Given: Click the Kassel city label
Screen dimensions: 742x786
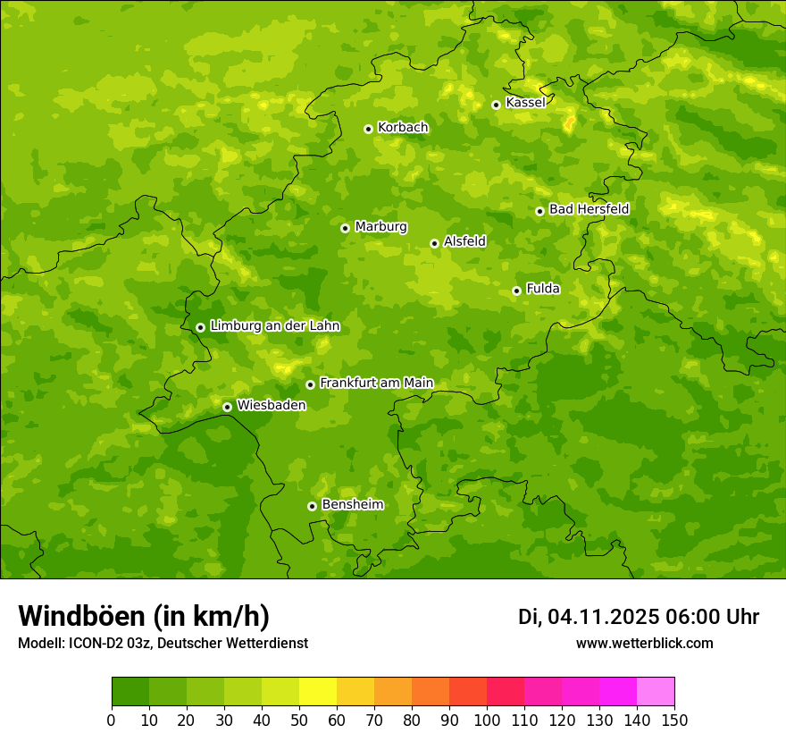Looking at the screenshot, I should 525,103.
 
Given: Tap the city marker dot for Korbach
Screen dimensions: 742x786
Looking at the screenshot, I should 368,129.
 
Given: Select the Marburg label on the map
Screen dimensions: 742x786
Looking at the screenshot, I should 380,227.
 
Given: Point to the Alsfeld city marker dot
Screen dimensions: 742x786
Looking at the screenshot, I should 434,243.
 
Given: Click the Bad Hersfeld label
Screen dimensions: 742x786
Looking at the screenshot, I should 589,209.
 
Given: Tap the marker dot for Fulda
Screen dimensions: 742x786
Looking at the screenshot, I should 516,291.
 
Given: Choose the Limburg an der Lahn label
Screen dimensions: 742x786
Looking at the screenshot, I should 274,326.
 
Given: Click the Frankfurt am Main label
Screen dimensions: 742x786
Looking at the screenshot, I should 376,384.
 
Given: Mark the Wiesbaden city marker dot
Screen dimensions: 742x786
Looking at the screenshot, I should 227,407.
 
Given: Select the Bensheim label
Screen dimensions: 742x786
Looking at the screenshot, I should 352,505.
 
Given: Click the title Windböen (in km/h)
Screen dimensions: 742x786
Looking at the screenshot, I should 144,616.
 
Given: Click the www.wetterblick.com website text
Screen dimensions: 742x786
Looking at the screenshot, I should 644,644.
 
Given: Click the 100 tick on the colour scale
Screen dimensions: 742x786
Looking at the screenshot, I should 487,720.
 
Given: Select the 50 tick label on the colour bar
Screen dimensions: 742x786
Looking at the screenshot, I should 299,720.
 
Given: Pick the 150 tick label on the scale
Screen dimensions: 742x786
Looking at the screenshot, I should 674,720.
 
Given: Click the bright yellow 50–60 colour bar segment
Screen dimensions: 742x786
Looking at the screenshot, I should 318,692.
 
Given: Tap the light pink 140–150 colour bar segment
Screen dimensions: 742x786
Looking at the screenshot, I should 656,692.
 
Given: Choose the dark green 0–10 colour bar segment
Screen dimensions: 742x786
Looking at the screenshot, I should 130,692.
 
